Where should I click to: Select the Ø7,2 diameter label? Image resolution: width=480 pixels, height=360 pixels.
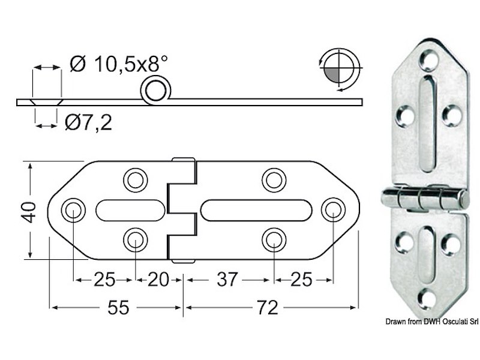pyautogui.click(x=88, y=122)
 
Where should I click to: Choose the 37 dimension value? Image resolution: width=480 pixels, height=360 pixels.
pyautogui.click(x=227, y=280)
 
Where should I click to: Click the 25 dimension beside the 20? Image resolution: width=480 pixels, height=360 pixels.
pyautogui.click(x=104, y=280)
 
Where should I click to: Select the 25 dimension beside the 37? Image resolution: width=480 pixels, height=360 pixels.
pyautogui.click(x=302, y=280)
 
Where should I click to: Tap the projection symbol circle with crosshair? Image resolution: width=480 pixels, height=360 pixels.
pyautogui.click(x=341, y=70)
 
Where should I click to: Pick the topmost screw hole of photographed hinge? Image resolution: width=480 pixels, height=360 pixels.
pyautogui.click(x=428, y=58)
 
